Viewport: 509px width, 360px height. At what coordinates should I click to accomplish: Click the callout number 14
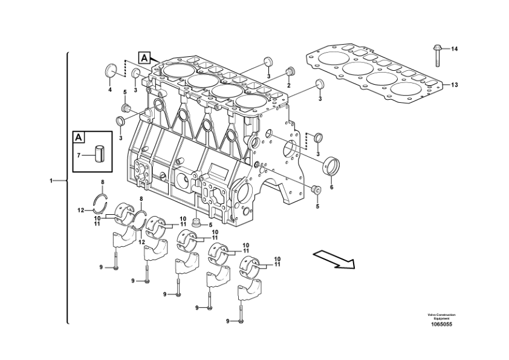tap(454, 49)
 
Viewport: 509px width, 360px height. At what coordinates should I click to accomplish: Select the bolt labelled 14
tap(436, 56)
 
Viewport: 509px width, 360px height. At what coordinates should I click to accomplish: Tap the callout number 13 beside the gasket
tap(454, 85)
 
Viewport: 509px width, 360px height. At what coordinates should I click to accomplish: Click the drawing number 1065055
tap(441, 324)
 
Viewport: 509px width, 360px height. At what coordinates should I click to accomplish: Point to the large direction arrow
tap(334, 260)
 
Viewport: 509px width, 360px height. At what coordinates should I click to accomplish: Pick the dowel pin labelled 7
tap(100, 154)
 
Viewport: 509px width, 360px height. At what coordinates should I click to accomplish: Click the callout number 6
tap(331, 187)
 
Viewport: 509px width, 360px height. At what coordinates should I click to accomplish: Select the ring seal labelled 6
tap(331, 166)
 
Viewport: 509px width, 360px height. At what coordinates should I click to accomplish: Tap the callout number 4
tap(110, 90)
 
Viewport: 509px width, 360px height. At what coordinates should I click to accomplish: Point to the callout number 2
tap(288, 85)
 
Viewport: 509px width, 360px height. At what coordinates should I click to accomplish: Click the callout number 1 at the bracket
tap(51, 180)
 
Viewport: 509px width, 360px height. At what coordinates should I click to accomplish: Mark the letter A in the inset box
tap(78, 137)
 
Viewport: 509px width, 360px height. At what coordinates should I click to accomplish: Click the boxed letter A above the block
tap(144, 58)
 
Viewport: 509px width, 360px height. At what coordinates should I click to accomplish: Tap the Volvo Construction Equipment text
tap(441, 317)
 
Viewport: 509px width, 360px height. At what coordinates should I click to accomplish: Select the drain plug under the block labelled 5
tap(196, 223)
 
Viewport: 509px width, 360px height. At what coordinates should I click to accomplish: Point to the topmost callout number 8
tap(103, 182)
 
